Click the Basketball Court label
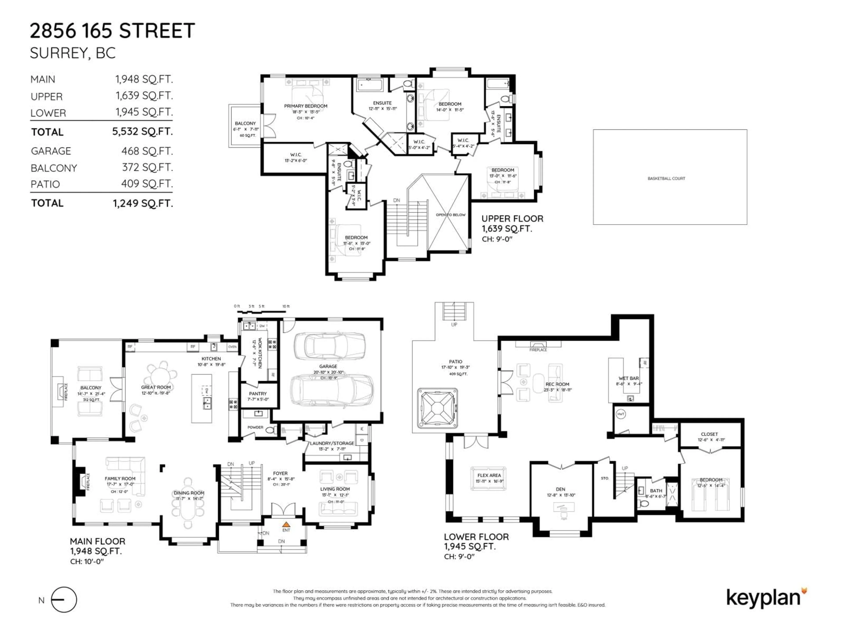click(666, 178)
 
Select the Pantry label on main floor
click(258, 393)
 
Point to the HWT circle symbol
click(621, 414)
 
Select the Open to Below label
click(451, 215)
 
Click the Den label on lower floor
click(560, 489)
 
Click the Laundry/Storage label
click(332, 443)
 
